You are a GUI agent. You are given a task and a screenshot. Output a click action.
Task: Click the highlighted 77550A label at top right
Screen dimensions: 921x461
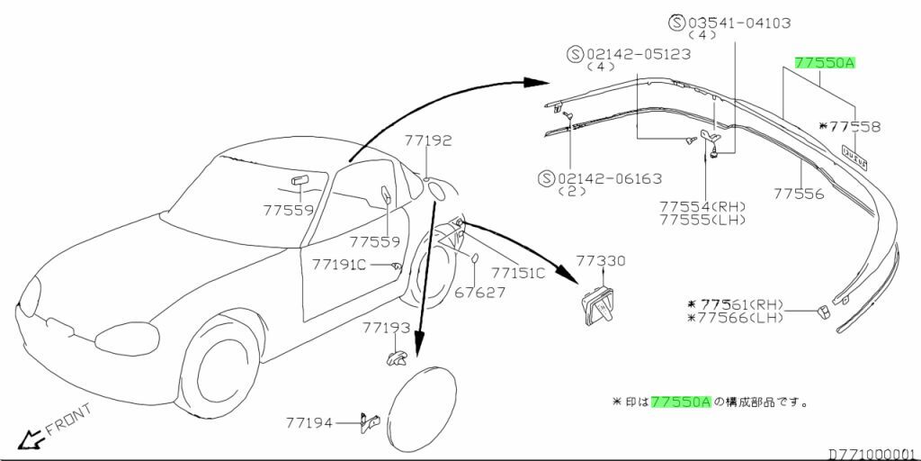coord(825,62)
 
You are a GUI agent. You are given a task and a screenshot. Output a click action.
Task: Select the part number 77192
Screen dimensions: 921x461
coord(427,140)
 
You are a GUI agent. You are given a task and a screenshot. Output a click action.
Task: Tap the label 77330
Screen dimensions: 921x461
coord(600,260)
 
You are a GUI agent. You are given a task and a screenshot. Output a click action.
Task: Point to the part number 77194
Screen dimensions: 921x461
coord(309,421)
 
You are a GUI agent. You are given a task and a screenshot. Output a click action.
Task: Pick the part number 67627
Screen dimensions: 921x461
coord(480,293)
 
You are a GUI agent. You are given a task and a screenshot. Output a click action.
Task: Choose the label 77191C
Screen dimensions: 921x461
coord(339,265)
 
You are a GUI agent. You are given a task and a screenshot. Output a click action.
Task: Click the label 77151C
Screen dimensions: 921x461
coord(518,273)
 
